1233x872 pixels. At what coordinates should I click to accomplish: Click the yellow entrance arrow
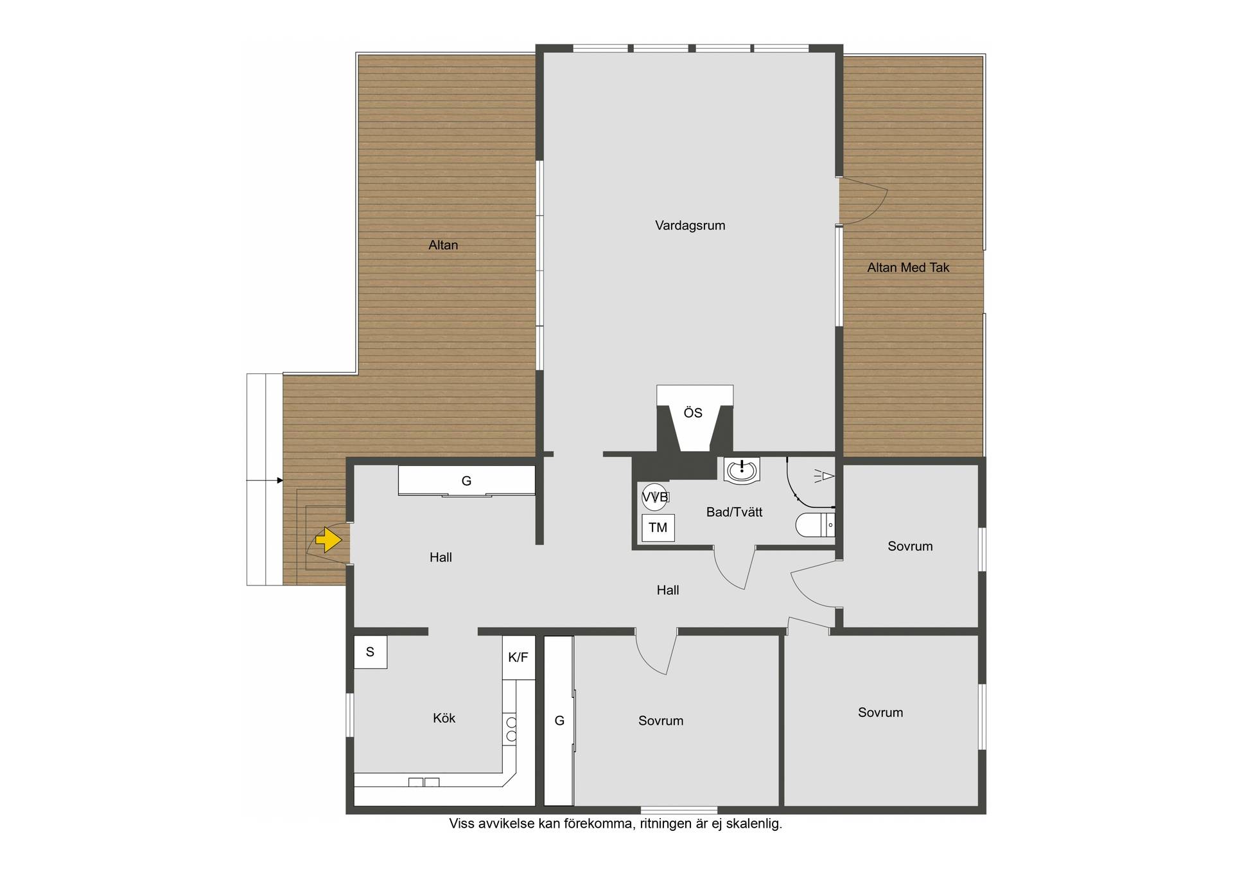(x=329, y=540)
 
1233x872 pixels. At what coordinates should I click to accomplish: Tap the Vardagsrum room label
(x=690, y=226)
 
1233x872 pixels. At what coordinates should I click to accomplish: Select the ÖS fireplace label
(x=693, y=413)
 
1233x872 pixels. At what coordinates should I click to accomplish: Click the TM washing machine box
(x=658, y=528)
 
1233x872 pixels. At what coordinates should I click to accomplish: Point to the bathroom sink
(x=742, y=470)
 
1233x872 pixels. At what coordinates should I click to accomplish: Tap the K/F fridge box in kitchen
(x=518, y=657)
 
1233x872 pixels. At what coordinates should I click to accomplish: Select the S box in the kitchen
(x=371, y=652)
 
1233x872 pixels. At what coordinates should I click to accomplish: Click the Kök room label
(x=444, y=718)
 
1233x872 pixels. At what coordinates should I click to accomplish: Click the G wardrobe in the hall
(x=467, y=481)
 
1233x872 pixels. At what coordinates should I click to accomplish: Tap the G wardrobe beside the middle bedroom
(x=559, y=720)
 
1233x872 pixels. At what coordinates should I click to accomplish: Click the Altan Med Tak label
(x=908, y=268)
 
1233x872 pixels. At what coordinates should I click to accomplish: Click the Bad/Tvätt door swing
(x=735, y=568)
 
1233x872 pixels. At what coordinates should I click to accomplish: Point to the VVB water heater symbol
(x=655, y=497)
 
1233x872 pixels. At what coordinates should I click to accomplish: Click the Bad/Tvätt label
(x=734, y=512)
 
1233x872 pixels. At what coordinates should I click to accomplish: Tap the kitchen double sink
(x=424, y=782)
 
